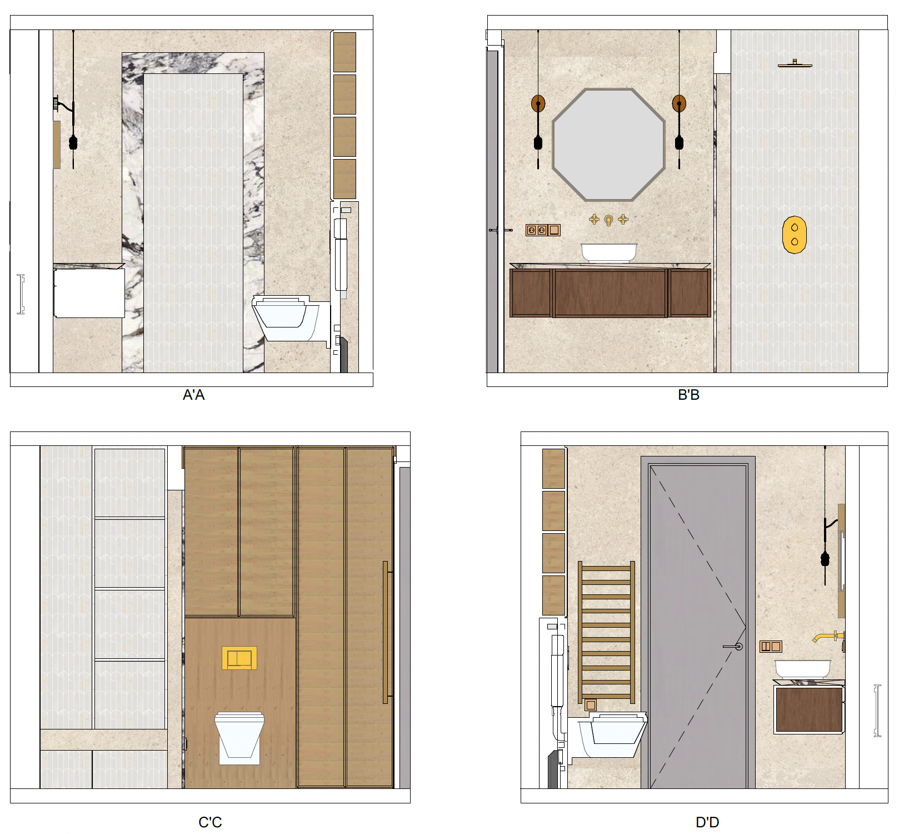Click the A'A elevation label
194,395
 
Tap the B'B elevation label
688,395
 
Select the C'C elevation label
210,822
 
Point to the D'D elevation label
707,822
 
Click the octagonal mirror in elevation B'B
609,144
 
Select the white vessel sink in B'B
609,252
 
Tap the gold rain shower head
795,64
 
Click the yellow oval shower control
795,235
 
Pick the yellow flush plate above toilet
239,658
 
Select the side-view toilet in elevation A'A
290,318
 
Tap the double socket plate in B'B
537,230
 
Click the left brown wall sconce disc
538,103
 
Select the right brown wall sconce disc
679,103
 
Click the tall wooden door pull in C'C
385,633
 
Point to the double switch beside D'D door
771,647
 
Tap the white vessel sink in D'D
803,669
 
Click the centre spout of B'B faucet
608,221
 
